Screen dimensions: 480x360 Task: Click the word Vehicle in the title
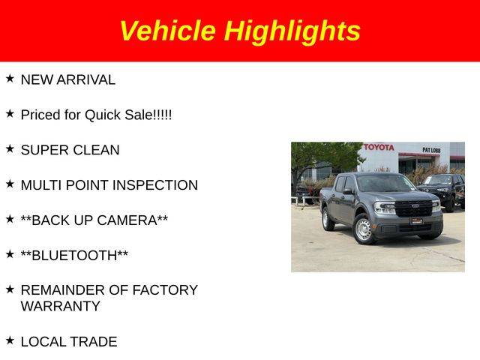[168, 30]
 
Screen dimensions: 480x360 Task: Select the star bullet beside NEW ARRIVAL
[10, 78]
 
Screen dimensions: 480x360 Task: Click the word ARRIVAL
[86, 80]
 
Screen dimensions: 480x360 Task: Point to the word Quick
[103, 115]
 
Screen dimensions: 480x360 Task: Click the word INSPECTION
[155, 185]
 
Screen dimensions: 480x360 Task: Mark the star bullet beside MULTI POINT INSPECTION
[10, 184]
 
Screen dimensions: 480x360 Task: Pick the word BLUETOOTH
[74, 256]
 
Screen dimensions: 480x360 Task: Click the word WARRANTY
[60, 306]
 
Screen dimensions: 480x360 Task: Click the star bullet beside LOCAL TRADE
[10, 340]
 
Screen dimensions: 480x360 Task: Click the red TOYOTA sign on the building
[379, 147]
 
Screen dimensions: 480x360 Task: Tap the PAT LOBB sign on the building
[431, 150]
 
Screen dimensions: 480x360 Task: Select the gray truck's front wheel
[363, 229]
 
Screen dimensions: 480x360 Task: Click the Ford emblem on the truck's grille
[415, 205]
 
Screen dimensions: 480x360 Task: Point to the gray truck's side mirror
[348, 192]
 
